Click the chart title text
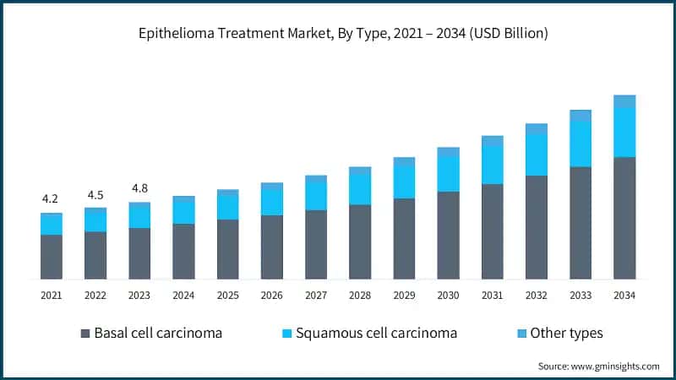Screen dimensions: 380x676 coord(337,34)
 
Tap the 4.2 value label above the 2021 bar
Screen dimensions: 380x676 coord(50,199)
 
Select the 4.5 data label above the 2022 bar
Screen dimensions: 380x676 coord(95,195)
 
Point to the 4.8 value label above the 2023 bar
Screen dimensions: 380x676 coord(139,188)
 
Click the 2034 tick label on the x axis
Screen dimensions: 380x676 coord(624,296)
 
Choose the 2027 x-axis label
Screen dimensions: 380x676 coord(315,296)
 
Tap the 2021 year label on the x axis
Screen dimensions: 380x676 coord(51,296)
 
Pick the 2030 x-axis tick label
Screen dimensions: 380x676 coord(448,296)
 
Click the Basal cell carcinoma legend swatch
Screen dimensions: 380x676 coord(85,334)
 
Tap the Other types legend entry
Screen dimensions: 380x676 coord(566,333)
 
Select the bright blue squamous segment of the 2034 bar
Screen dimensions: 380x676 coord(624,132)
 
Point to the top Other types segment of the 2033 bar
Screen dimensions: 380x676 coord(581,116)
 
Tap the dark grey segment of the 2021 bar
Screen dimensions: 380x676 coord(51,257)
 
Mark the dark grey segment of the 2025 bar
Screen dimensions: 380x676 coord(227,249)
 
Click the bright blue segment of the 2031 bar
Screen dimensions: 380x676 coord(493,166)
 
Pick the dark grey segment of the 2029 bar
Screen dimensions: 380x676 coord(404,238)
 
